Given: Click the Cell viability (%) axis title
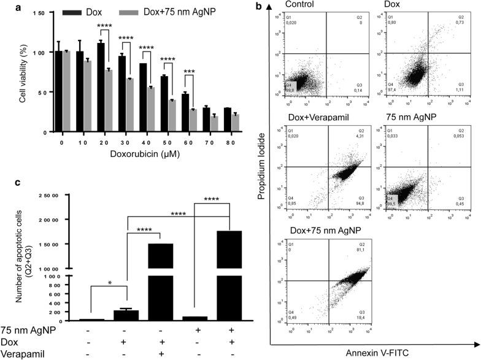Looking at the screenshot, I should coord(23,71).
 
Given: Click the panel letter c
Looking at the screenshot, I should coord(6,182).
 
